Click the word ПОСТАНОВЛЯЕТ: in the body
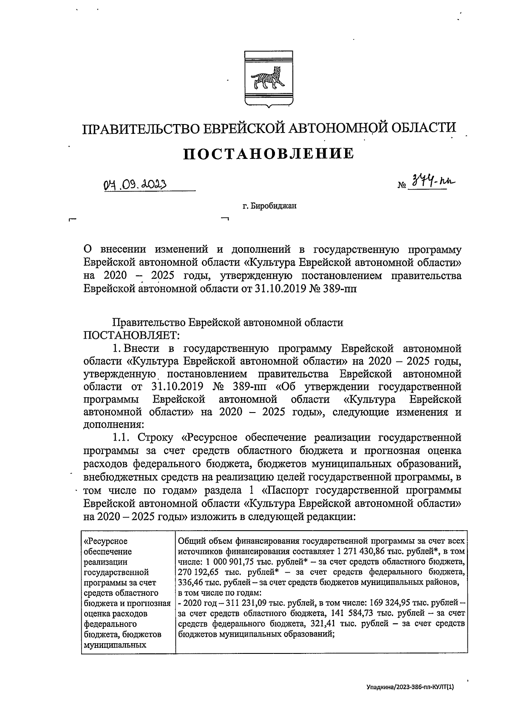point(132,335)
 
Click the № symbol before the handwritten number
point(402,186)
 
